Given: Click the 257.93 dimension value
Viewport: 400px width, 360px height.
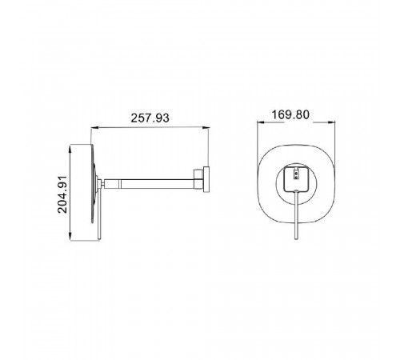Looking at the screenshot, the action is [150, 118].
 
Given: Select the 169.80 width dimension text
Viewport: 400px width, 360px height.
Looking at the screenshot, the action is [290, 114].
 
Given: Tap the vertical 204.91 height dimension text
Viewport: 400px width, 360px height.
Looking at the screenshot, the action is [62, 194].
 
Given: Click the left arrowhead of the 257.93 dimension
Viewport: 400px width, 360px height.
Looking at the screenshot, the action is [95, 128].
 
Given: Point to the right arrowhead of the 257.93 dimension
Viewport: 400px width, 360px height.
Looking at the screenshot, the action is [206, 128].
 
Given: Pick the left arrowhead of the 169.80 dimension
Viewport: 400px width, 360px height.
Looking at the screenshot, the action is [261, 122].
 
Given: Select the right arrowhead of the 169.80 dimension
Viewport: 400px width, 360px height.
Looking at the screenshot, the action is [331, 122].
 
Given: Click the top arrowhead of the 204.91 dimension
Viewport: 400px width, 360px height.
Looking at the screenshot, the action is [70, 149].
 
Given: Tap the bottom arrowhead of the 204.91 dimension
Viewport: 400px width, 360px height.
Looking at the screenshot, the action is [70, 236].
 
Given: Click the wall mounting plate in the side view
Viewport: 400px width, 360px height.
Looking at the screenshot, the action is [206, 179].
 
